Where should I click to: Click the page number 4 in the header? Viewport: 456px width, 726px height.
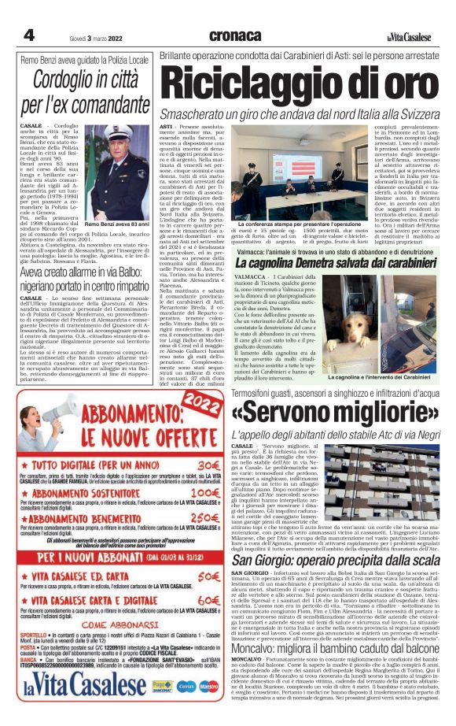click(x=28, y=35)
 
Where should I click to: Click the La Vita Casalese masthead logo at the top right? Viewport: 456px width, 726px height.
click(x=411, y=37)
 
